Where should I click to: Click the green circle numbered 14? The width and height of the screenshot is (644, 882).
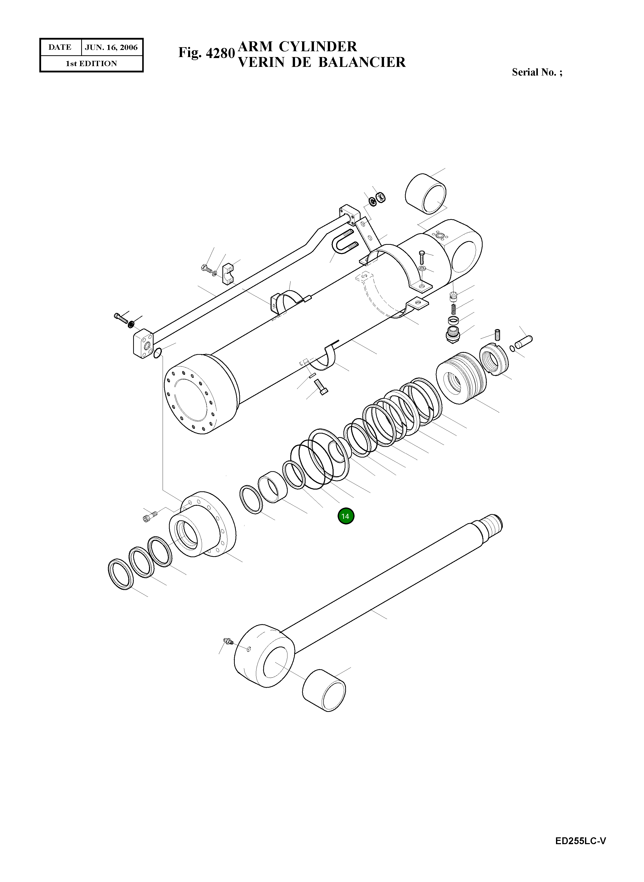point(346,516)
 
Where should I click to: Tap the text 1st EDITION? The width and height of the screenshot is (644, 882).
point(91,64)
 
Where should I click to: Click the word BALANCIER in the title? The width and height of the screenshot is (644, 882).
point(362,62)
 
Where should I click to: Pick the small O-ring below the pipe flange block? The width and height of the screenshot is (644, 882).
point(158,353)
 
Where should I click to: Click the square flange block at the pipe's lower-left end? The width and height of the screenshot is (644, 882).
point(143,344)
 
